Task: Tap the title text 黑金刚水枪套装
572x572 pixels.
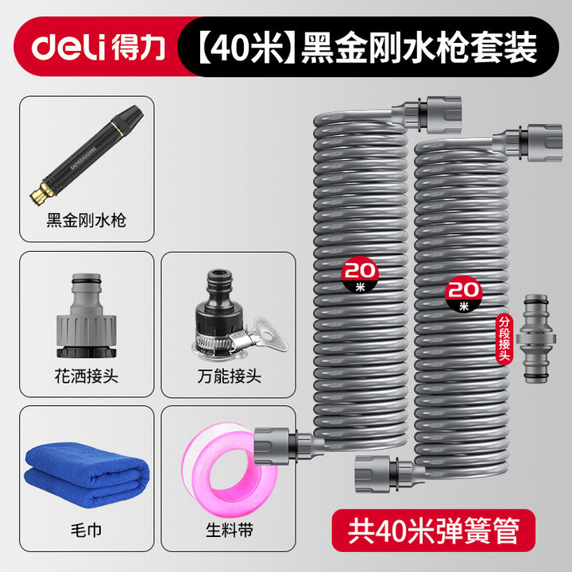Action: pos(419,48)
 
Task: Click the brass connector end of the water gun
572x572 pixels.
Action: pos(42,192)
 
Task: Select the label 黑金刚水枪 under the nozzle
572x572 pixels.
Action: pos(87,220)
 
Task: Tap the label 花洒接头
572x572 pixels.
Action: pos(87,376)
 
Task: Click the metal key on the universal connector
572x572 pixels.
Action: pos(269,333)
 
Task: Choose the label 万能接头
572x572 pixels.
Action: pos(230,376)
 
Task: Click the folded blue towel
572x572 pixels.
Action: pos(87,473)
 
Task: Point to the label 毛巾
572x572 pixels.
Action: pos(87,530)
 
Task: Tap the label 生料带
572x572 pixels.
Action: pos(230,530)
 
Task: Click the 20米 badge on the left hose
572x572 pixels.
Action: pos(360,274)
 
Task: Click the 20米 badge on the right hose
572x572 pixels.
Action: pos(463,294)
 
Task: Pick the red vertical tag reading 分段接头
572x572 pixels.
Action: pos(504,339)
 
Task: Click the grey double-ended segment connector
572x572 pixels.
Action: pos(536,338)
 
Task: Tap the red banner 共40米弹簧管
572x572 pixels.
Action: pos(434,531)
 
